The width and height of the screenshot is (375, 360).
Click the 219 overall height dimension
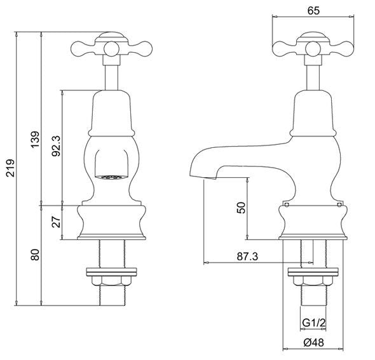pos(11,168)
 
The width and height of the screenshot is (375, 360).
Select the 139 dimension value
pos(35,139)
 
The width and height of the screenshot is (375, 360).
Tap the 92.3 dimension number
pos(57,146)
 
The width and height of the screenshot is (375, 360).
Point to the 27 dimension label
pos(57,222)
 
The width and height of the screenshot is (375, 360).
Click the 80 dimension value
pos(35,255)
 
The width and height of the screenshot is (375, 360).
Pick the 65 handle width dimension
pos(313,11)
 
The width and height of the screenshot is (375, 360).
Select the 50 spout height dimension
pos(241,208)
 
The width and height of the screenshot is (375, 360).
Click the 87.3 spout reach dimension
pos(247,257)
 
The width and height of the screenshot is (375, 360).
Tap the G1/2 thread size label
pos(314,323)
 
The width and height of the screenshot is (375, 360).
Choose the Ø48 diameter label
pos(314,343)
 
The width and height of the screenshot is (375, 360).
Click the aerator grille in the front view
pos(111,177)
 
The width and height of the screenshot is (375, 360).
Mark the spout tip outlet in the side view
pos(203,177)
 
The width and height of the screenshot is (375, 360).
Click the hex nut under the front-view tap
pos(111,281)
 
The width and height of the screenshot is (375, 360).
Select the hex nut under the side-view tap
pos(313,281)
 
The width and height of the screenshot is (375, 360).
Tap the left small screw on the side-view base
pos(287,204)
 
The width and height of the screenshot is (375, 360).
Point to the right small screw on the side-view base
pos(339,204)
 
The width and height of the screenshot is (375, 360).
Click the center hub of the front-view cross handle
pos(111,49)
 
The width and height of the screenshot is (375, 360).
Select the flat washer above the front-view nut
pos(111,272)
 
